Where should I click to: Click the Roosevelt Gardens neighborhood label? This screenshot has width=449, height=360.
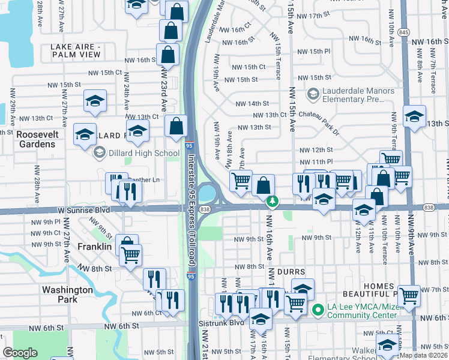coord(36,139)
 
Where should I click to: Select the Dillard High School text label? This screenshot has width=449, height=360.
coord(144,153)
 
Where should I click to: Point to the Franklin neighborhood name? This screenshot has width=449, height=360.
coord(95,247)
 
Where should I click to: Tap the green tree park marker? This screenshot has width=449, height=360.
coord(273,201)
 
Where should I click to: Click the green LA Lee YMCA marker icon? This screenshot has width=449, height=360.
coord(318,310)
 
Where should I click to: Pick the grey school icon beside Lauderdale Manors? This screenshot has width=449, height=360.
coord(312,94)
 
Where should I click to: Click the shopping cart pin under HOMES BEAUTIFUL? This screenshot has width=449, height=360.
coord(409,295)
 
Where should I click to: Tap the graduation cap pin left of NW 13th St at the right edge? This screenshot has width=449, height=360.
coord(414,116)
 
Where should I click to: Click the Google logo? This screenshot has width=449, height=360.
coord(20,353)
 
